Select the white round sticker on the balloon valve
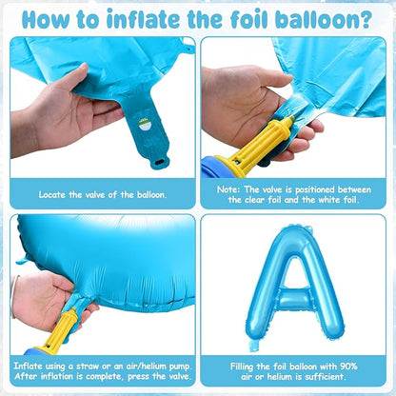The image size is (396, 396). click(145, 125)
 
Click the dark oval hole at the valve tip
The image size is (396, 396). click(158, 162)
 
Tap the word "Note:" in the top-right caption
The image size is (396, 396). click(228, 189)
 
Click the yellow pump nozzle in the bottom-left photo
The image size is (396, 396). click(59, 330)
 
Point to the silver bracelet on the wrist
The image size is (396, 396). click(13, 296)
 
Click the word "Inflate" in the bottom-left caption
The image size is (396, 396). click(28, 366)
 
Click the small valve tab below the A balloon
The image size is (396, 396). click(254, 345)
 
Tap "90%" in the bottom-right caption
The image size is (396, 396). click(348, 366)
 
